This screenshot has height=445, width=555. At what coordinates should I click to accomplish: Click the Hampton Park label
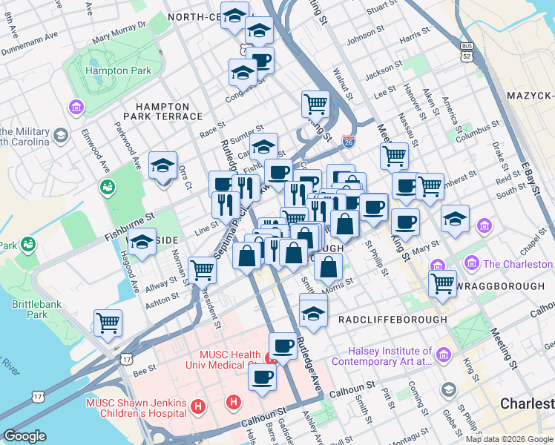point(119,71)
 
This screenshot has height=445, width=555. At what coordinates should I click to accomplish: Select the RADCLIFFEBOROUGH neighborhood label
point(393,319)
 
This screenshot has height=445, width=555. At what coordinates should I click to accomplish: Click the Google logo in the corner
point(24,436)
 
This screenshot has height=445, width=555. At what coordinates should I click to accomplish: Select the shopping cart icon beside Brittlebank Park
point(108,323)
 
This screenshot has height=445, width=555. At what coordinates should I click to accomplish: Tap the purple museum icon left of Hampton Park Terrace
point(76,108)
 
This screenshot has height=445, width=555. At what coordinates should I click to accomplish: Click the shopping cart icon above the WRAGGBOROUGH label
point(442,281)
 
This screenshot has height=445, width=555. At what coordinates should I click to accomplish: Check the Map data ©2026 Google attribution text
point(509,438)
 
